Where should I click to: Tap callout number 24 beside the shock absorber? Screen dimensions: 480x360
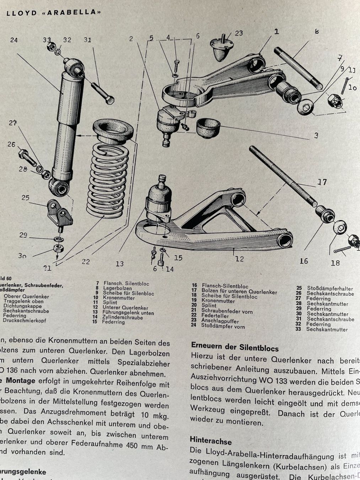pyautogui.click(x=14, y=40)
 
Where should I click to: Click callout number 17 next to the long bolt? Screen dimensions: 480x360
pyautogui.click(x=322, y=182)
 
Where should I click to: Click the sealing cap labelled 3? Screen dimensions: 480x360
pyautogui.click(x=208, y=126)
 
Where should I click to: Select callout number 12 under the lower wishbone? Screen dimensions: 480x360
pyautogui.click(x=240, y=259)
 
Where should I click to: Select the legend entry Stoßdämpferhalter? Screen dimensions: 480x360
pyautogui.click(x=330, y=288)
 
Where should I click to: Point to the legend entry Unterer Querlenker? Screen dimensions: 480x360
pyautogui.click(x=125, y=308)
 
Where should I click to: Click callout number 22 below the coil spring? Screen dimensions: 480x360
pyautogui.click(x=86, y=262)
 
